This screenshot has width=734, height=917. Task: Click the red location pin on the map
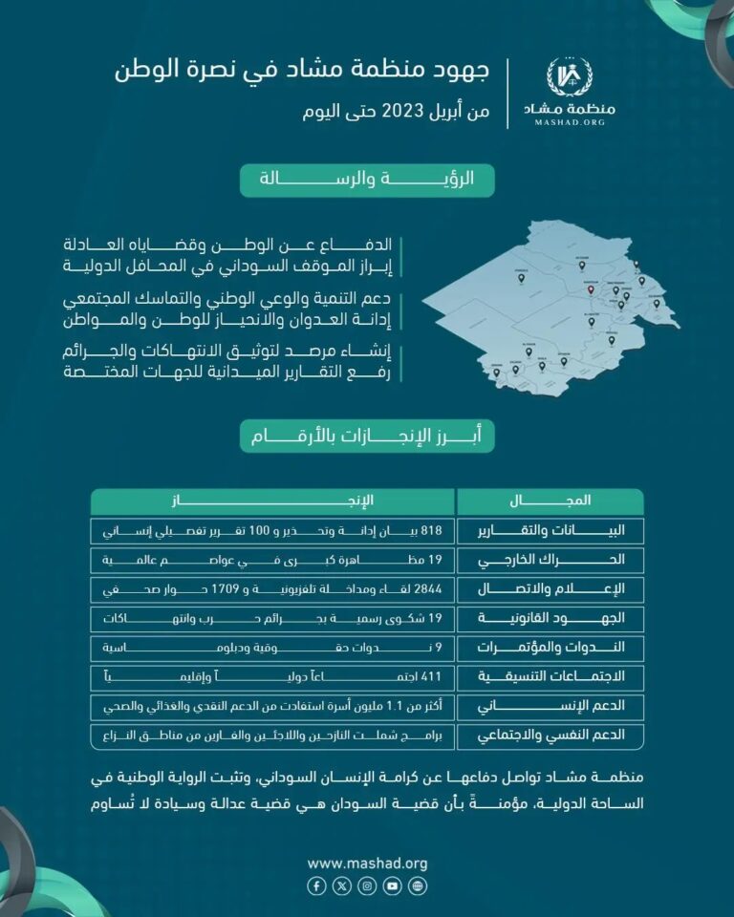pyautogui.click(x=591, y=288)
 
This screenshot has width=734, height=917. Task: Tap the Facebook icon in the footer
pyautogui.click(x=316, y=886)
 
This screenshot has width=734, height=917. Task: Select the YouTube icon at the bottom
pyautogui.click(x=392, y=886)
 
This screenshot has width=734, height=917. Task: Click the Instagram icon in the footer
pyautogui.click(x=367, y=886)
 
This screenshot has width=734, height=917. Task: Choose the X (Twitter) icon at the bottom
pyautogui.click(x=341, y=886)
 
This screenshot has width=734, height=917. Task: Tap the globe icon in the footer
pyautogui.click(x=418, y=886)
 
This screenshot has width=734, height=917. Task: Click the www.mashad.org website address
pyautogui.click(x=367, y=864)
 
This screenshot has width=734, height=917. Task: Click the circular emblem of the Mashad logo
pyautogui.click(x=570, y=77)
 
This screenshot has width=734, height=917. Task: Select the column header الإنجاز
pyautogui.click(x=272, y=501)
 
